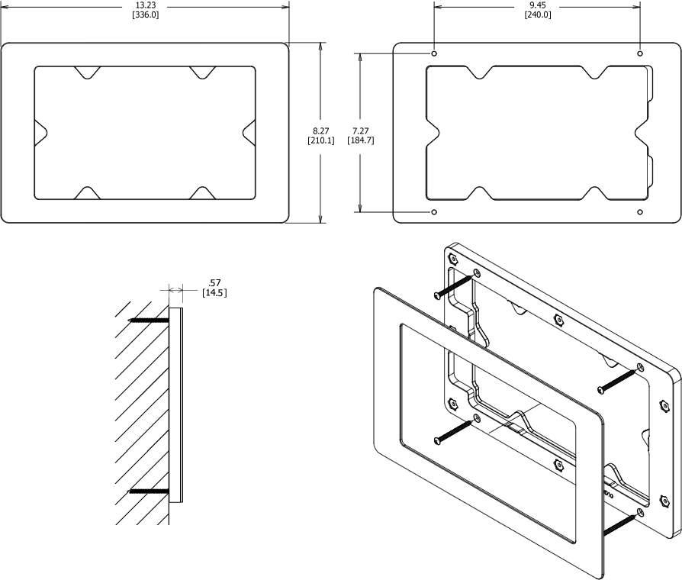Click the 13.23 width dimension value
click(x=145, y=5)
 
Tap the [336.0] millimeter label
click(x=145, y=15)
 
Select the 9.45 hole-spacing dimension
click(x=537, y=5)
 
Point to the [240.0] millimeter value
click(x=537, y=15)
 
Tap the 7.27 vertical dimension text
click(x=360, y=130)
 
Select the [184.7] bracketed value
click(x=360, y=140)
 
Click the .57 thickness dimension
click(x=214, y=283)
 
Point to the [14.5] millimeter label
click(x=214, y=293)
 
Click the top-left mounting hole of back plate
click(x=434, y=54)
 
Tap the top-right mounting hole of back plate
click(x=640, y=54)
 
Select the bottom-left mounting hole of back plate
click(x=434, y=211)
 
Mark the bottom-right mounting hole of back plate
click(x=640, y=211)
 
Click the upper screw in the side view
click(x=149, y=319)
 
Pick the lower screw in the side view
click(x=149, y=491)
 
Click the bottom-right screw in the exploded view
click(x=619, y=525)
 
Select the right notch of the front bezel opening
click(x=249, y=132)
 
